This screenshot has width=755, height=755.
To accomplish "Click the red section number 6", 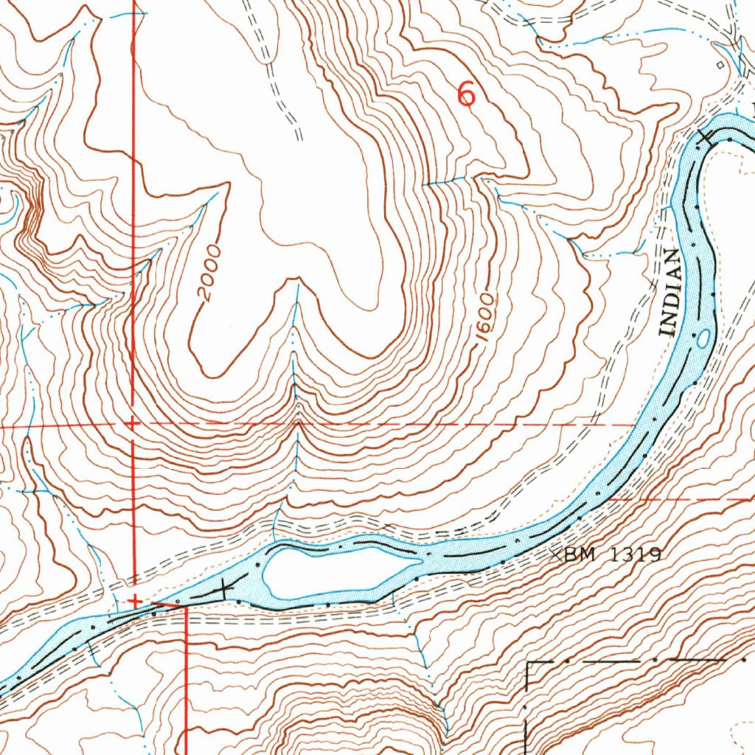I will tap(466, 94).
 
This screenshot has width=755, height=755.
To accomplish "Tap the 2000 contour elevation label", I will tap(209, 274).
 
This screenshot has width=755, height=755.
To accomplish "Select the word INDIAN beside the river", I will tap(669, 293).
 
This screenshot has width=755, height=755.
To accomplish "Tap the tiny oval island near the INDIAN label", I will tap(703, 338).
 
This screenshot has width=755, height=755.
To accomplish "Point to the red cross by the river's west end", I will tap(136, 602).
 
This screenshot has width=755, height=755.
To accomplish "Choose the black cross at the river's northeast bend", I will tap(706, 137).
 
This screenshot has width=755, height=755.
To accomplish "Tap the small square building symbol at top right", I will tap(720, 65).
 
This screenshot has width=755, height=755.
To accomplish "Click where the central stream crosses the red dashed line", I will tap(297, 424).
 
